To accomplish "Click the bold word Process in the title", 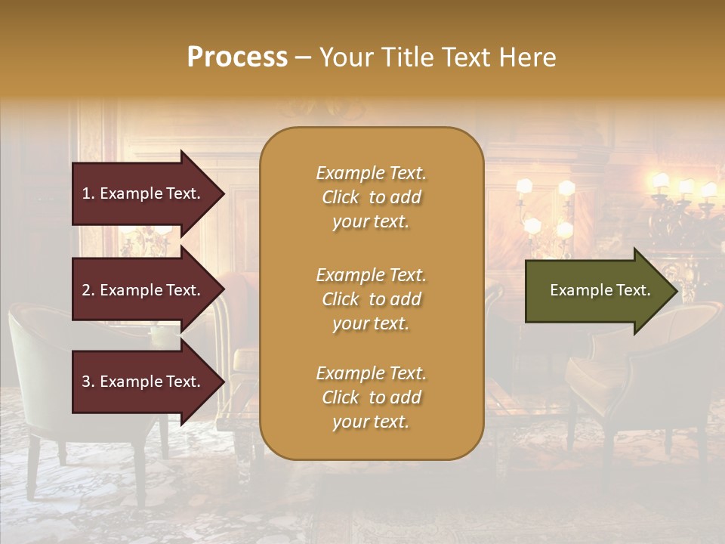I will [237, 57].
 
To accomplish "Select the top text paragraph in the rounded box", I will [371, 197].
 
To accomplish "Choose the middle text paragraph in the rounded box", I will [371, 299].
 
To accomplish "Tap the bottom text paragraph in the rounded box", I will [371, 397].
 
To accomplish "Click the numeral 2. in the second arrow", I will [88, 290].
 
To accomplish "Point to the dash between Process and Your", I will [303, 58].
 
